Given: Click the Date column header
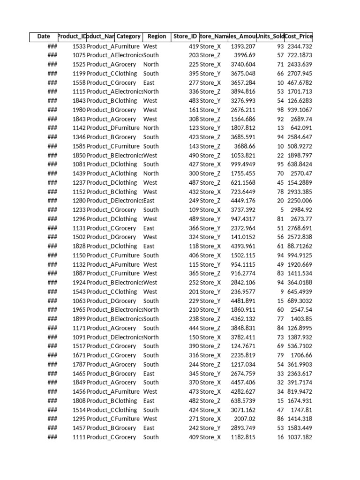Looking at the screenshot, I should (44, 37).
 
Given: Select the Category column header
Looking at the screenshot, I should (128, 37).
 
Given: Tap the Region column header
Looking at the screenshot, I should (157, 37).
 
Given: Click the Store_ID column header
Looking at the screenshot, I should (185, 37).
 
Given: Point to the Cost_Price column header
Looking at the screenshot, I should (299, 37).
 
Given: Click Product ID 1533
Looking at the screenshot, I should (79, 46).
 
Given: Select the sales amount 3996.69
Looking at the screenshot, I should (245, 55).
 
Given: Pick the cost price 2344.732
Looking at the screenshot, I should (299, 46).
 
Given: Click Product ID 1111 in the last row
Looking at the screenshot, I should (79, 437).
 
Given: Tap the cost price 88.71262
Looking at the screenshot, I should (299, 246).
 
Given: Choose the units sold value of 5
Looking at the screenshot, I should (281, 210).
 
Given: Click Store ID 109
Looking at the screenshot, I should (194, 210).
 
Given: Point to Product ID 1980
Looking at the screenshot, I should (79, 110).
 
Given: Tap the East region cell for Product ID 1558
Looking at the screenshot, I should (149, 82).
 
